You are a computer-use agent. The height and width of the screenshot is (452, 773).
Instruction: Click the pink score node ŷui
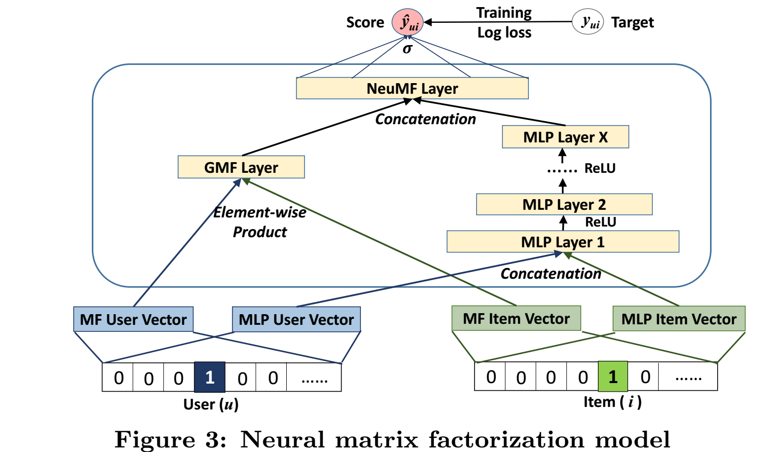408,22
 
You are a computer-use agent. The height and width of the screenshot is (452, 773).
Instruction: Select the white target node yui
588,22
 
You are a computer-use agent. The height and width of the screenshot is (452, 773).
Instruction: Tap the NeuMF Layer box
412,89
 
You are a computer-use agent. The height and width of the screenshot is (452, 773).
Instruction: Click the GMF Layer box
241,167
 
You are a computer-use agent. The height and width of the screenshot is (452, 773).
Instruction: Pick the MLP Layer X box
565,137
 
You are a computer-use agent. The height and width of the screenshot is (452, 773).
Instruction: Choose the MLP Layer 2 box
564,205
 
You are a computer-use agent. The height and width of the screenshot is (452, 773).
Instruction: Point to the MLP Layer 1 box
563,242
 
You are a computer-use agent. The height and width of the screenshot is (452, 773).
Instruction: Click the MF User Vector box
133,319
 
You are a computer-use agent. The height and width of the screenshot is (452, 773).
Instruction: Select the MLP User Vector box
296,319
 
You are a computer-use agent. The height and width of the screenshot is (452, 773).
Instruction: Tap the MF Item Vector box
516,318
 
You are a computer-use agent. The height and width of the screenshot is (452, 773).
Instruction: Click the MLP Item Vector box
679,319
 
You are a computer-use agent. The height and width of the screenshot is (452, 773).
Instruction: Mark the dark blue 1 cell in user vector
210,378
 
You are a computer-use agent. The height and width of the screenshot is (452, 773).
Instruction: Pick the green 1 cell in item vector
613,377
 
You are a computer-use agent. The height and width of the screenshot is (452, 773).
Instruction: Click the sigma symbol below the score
408,49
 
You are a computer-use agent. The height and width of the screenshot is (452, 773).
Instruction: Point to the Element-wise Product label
260,222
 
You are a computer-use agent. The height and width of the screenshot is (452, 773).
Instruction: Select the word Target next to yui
632,23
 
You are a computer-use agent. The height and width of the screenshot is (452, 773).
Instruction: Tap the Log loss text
504,33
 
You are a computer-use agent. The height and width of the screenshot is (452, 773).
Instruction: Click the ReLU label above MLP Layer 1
600,222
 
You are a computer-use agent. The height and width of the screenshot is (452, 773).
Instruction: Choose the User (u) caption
211,404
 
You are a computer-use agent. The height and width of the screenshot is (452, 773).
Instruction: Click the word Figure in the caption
155,439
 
